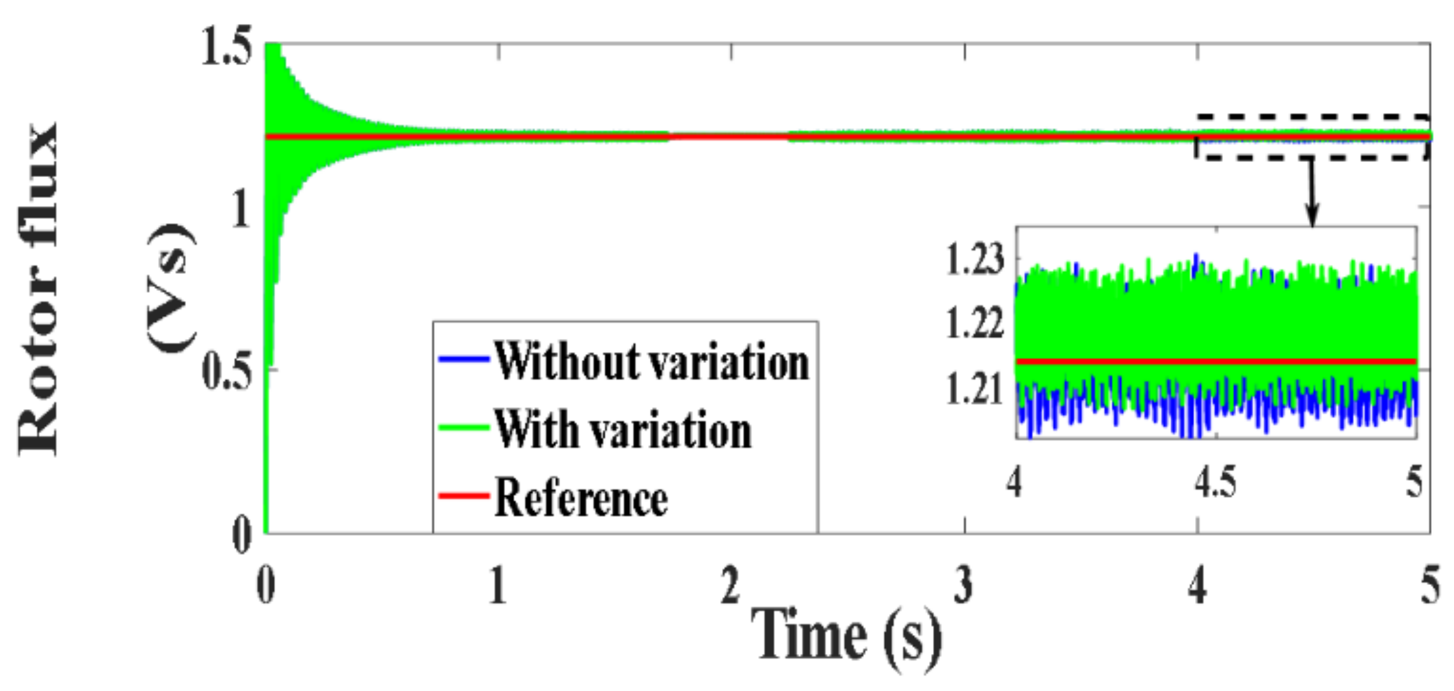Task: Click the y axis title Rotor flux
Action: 39,290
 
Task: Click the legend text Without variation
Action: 651,361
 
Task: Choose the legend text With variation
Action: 623,429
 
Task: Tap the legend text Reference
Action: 581,498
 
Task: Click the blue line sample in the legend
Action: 463,359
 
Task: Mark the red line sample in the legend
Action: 463,496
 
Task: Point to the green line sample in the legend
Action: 463,427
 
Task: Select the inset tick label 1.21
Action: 974,390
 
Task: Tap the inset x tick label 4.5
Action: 1215,483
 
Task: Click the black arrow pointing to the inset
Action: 1312,195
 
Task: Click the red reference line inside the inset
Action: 1217,361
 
